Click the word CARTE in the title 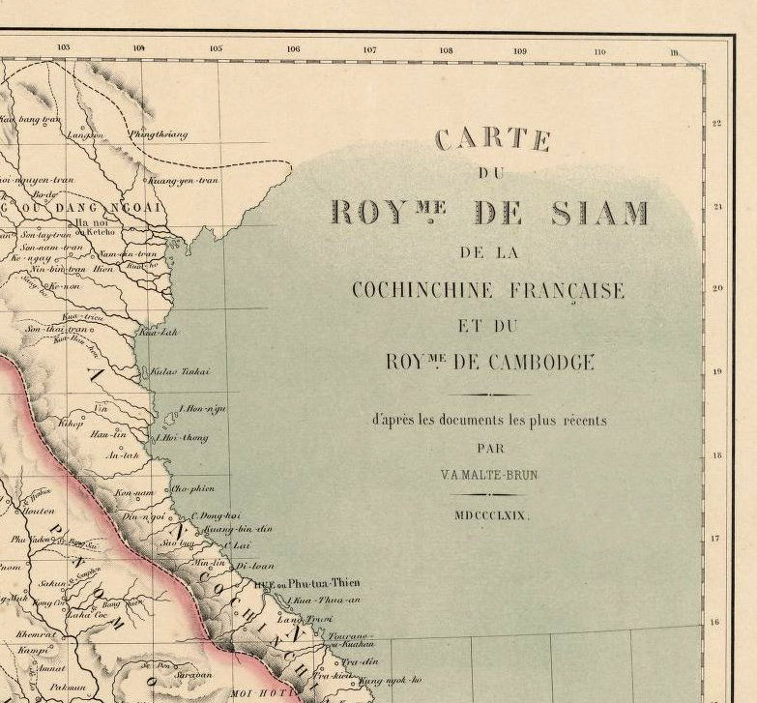[492, 140]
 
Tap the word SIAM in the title [599, 213]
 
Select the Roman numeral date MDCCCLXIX [492, 516]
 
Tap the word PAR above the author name [491, 449]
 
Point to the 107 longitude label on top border [369, 48]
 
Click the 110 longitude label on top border [599, 50]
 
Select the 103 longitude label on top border [64, 47]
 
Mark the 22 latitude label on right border [716, 124]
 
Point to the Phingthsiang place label [159, 134]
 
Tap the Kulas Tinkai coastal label [180, 371]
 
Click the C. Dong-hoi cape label [214, 515]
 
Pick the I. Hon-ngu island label [203, 409]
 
